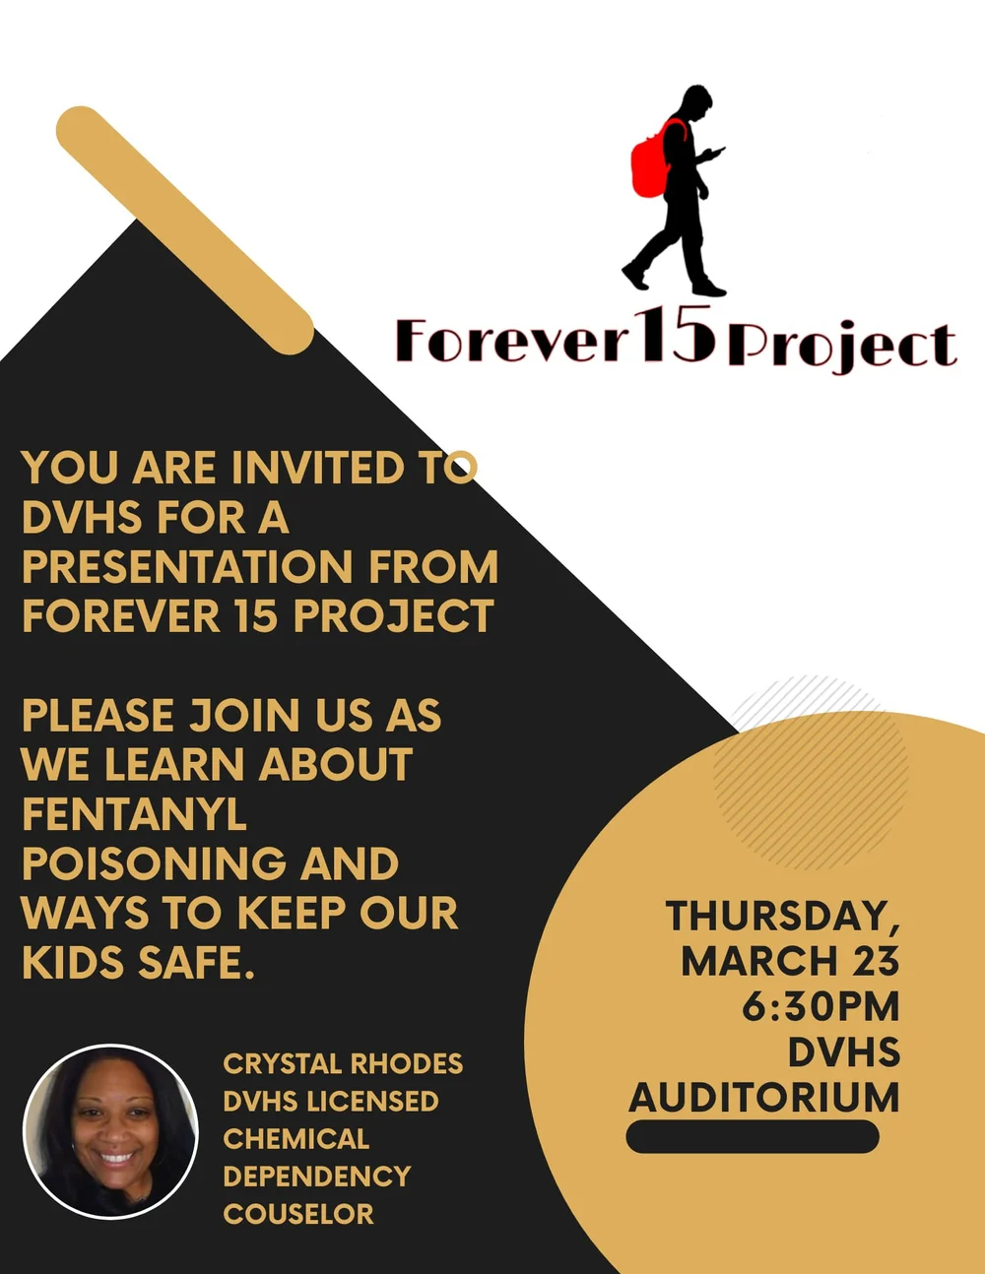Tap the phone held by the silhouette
(717, 152)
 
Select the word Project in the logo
(842, 345)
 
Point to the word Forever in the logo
(511, 341)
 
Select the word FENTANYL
(134, 814)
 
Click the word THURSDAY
(782, 916)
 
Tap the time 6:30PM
(821, 1006)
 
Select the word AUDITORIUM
(764, 1098)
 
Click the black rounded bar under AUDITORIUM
(752, 1137)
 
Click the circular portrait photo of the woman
(110, 1131)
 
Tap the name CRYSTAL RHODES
(343, 1063)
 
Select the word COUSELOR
(298, 1213)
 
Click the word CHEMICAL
(295, 1138)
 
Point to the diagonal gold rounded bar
(184, 229)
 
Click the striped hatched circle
(811, 772)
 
